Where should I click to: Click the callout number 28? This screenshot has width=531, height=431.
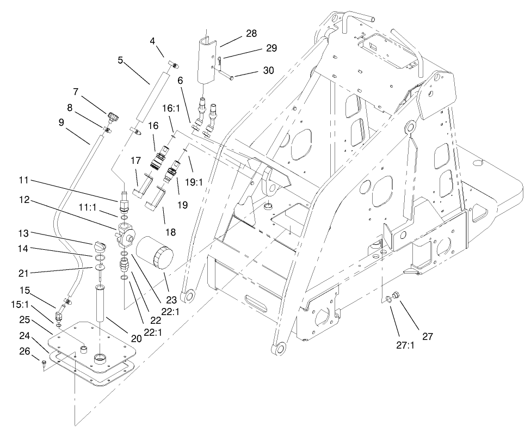pos(251,34)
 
